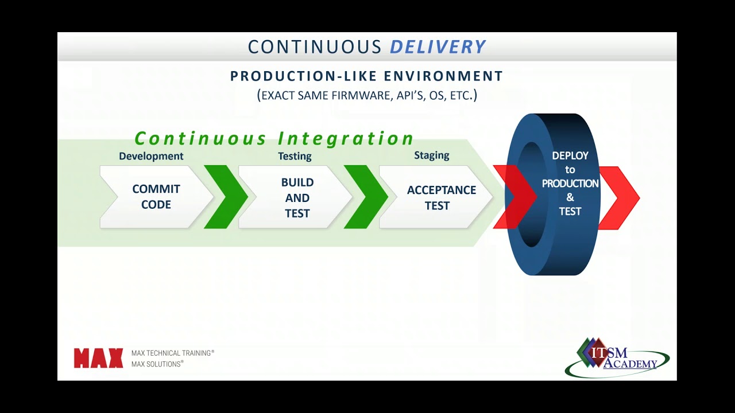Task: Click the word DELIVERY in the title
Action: pos(438,47)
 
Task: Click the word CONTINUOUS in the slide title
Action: pos(314,47)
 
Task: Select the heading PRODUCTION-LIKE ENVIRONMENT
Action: pos(366,76)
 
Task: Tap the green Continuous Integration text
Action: pos(274,139)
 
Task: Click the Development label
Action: pos(151,156)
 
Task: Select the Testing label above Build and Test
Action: pos(295,156)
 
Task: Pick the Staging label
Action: pos(431,155)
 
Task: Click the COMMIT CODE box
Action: pos(156,197)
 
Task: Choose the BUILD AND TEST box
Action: pos(297,197)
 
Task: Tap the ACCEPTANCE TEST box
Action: pos(440,197)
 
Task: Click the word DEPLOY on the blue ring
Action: pos(570,155)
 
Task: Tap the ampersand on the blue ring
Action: pos(570,197)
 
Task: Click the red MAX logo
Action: pos(98,359)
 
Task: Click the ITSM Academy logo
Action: pos(617,357)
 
